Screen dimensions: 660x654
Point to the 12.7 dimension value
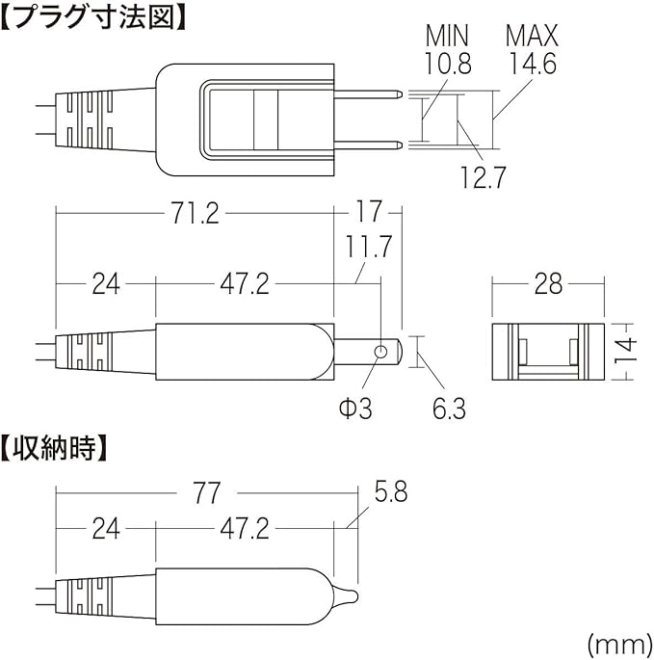point(481,176)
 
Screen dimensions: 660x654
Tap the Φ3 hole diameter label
point(355,409)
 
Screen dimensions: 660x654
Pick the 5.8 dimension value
point(389,493)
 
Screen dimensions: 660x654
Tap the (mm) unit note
point(615,640)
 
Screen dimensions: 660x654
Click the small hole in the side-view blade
point(382,352)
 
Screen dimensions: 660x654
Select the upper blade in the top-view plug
point(371,94)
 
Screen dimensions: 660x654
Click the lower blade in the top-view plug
point(371,144)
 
